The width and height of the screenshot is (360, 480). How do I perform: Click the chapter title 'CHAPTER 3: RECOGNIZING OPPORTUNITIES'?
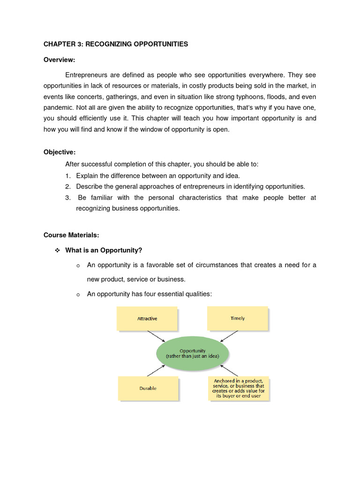pyautogui.click(x=116, y=44)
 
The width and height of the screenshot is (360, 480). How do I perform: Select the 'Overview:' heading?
pyautogui.click(x=60, y=60)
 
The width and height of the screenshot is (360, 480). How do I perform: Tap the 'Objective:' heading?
pyautogui.click(x=60, y=152)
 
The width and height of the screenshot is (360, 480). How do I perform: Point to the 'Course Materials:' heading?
pyautogui.click(x=71, y=235)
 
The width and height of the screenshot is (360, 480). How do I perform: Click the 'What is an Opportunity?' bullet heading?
pyautogui.click(x=104, y=250)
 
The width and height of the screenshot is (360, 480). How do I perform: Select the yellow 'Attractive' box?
pyautogui.click(x=147, y=318)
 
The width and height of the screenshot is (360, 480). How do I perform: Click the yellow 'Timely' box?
pyautogui.click(x=238, y=318)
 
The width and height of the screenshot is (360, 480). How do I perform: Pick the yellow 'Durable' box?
pyautogui.click(x=148, y=388)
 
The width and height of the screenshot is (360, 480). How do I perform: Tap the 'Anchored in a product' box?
pyautogui.click(x=239, y=388)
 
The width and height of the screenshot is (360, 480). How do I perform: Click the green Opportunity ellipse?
pyautogui.click(x=192, y=353)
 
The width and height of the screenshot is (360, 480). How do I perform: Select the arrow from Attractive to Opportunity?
pyautogui.click(x=156, y=337)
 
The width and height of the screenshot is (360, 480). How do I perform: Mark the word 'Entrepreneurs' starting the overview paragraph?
pyautogui.click(x=85, y=75)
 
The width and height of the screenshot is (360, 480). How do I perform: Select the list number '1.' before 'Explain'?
pyautogui.click(x=68, y=175)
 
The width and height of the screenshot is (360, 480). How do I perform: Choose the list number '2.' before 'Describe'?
pyautogui.click(x=68, y=186)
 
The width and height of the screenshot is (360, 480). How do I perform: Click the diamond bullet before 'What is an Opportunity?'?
pyautogui.click(x=57, y=251)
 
